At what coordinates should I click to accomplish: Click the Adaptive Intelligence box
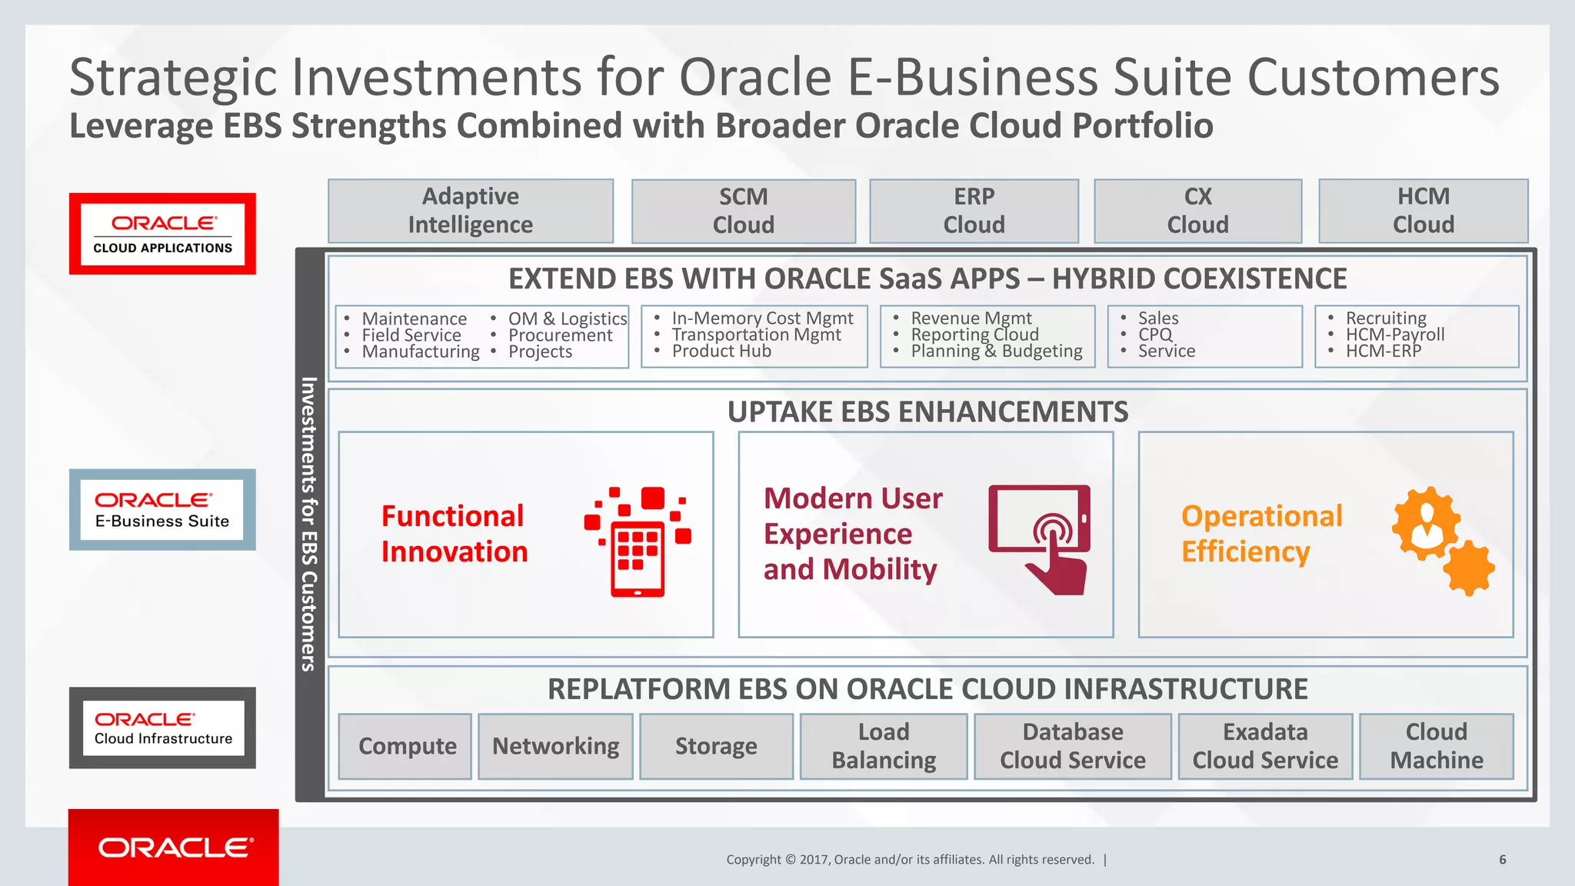pos(471,211)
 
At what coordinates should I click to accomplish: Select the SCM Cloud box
pos(743,211)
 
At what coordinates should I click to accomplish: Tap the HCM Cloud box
pos(1423,211)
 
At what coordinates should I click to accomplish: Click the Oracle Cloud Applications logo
pos(162,234)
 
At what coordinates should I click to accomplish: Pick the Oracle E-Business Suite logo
pos(162,510)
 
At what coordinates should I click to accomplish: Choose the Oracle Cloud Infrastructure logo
pos(162,728)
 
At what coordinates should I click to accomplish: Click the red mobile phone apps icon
pos(638,541)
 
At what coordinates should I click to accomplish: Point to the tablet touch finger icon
pos(1040,538)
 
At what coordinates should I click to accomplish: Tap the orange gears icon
pos(1443,541)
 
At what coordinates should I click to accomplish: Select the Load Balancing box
pos(884,746)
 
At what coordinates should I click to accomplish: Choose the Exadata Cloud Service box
pos(1265,746)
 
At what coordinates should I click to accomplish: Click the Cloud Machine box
pos(1436,746)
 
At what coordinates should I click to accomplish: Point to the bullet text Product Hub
pos(721,351)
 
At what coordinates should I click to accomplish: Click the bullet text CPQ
pos(1155,335)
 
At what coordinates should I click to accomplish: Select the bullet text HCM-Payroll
pos(1395,335)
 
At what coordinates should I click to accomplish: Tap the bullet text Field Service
pos(411,335)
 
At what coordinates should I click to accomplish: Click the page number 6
pos(1502,860)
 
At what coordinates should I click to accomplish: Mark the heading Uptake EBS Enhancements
pos(927,412)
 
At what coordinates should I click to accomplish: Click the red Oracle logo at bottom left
pos(174,848)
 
